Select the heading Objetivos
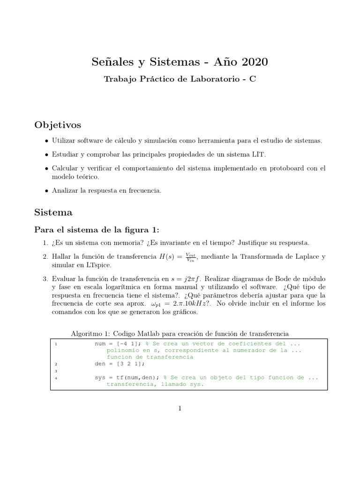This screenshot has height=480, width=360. click(x=58, y=125)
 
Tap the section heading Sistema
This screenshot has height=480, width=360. click(x=53, y=212)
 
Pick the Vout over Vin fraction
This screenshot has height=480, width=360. click(x=191, y=257)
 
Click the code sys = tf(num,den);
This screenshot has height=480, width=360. click(x=127, y=377)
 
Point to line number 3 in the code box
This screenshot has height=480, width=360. click(x=55, y=371)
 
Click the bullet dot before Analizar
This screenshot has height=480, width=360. click(x=46, y=190)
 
